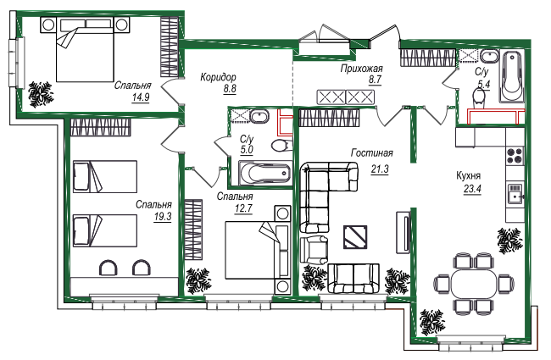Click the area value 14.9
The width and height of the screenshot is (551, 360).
(141, 97)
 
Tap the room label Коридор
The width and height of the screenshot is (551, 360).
(218, 77)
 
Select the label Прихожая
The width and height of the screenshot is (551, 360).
(362, 68)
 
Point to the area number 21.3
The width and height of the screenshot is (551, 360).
(380, 169)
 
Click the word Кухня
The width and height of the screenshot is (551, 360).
(468, 175)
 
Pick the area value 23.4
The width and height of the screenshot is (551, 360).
(472, 189)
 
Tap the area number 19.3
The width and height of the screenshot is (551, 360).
(163, 217)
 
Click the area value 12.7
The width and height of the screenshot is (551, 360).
(243, 208)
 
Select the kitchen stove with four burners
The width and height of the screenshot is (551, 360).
(515, 155)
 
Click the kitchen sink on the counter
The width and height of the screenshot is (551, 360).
(515, 193)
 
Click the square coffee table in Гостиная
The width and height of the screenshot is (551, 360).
(355, 237)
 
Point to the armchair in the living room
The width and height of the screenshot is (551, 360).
(314, 249)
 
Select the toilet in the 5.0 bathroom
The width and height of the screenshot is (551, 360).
(281, 146)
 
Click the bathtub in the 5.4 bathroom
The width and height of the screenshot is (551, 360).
(512, 76)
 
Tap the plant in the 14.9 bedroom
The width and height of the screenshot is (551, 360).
(41, 94)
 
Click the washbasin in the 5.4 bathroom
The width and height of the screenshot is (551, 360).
(489, 57)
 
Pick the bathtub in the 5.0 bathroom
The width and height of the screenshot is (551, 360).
(264, 173)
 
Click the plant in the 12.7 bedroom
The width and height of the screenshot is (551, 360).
(198, 281)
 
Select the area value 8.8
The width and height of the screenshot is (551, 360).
(230, 89)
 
